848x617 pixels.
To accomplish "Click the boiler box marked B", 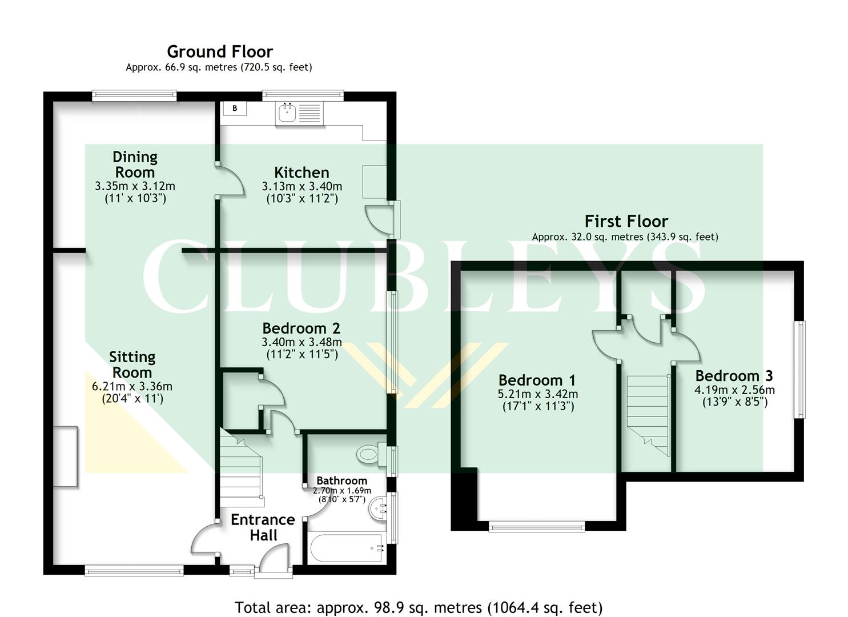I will click(235, 108).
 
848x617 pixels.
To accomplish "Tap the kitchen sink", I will click(287, 113).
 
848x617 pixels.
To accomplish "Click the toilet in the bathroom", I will click(368, 455).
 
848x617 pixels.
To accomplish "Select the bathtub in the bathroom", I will click(346, 548).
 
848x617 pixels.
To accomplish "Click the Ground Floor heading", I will click(220, 51).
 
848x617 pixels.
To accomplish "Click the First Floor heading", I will click(626, 221).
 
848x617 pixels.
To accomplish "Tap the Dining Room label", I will click(135, 165).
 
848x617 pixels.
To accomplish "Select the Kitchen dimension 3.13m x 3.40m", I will click(302, 186).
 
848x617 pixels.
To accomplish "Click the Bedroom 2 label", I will click(301, 328).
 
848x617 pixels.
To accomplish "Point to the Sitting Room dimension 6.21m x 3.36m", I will click(132, 386).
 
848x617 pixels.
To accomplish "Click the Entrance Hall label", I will click(263, 527).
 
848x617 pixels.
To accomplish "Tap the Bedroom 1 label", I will click(537, 380).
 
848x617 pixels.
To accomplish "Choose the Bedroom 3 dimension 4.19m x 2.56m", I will click(734, 390).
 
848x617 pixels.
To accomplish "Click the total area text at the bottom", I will click(419, 607).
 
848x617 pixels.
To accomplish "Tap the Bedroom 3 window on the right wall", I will click(801, 369).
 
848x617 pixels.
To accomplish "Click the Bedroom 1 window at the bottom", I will click(537, 526).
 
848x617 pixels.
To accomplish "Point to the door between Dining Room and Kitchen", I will click(231, 181).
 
